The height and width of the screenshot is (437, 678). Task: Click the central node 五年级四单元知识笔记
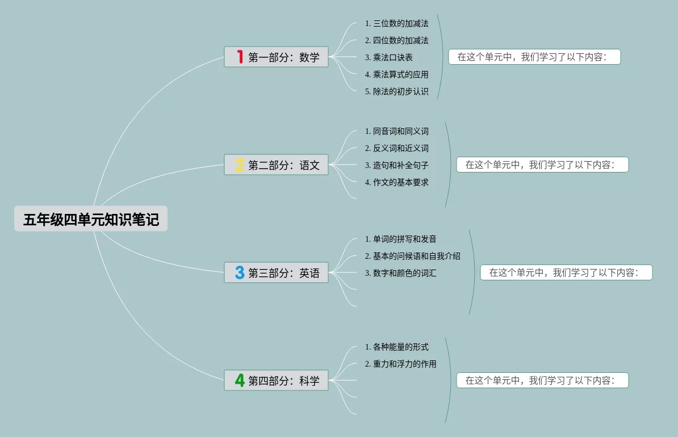click(91, 218)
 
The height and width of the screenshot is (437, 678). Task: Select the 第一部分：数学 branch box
click(276, 57)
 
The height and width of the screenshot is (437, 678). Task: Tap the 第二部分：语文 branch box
click(276, 165)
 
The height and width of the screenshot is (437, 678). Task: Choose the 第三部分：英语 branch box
click(276, 272)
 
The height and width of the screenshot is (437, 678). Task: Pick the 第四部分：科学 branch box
click(276, 380)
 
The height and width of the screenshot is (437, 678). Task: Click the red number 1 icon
click(240, 57)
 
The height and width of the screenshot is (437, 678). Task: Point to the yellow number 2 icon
click(240, 165)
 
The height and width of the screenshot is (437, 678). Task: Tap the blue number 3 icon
click(240, 272)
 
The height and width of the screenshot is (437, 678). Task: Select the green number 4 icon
click(240, 380)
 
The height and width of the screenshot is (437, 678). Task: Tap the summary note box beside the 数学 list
click(534, 57)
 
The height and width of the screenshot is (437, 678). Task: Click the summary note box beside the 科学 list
click(542, 380)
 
